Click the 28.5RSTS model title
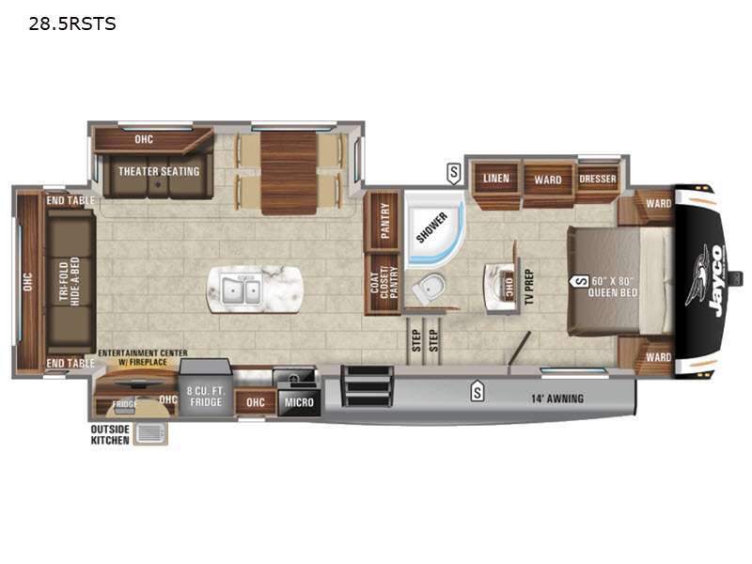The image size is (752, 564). pos(72,23)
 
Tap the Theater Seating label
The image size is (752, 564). pos(159,171)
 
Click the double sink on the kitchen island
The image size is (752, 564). pos(242,290)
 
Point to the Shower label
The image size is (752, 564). pos(431,227)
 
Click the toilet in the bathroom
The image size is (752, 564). pos(429,289)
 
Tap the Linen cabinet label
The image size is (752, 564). pos(496,179)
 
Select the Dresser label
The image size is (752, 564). pos(598,179)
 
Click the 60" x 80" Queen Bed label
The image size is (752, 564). pos(613,287)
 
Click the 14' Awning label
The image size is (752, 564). pos(557,399)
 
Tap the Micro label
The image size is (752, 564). pos(299,402)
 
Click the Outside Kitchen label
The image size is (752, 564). pos(110,434)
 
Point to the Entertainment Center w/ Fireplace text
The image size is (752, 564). pos(143,357)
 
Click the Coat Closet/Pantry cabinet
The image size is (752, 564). pos(384,283)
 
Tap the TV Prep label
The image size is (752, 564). pos(529,287)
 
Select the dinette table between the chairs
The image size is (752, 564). pos(289,173)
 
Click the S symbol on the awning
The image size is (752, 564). pos(477,392)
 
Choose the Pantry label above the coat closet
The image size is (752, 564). pos(384,221)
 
